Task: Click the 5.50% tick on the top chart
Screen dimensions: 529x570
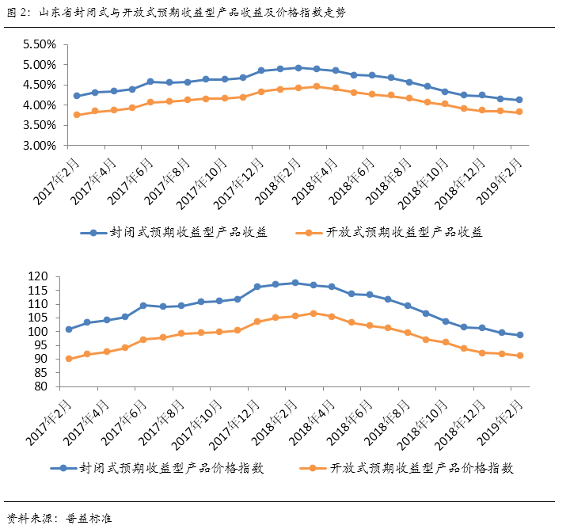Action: tap(37, 44)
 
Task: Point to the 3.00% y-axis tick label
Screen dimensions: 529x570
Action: tap(37, 146)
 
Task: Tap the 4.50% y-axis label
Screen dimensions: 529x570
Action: tap(37, 85)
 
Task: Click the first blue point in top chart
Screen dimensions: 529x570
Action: tap(77, 96)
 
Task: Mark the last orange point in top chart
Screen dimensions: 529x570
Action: tap(519, 112)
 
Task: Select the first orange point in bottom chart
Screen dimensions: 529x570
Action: tap(69, 359)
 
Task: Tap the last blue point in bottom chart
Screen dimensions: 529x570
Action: tap(519, 335)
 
